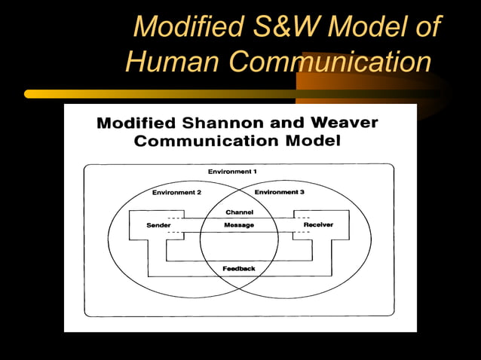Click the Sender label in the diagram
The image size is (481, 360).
pos(158,225)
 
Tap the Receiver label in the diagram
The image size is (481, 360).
pos(317,225)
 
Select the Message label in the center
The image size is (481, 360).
pos(239,225)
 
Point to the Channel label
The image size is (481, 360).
pos(239,212)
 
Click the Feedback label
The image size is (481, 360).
pos(239,269)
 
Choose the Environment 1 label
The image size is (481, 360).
pos(232,172)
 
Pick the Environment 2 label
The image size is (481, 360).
pos(176,193)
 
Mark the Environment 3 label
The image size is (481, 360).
pos(279,193)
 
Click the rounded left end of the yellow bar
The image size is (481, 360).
pos(29,94)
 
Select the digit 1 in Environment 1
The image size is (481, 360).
pos(254,172)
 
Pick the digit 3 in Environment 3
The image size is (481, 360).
pos(302,193)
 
